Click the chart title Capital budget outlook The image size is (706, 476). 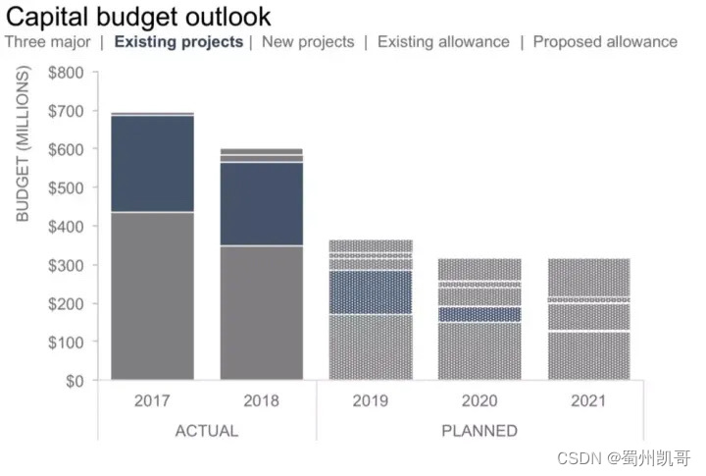click(x=138, y=17)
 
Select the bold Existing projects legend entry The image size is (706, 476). click(x=178, y=42)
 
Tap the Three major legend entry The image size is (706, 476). click(x=47, y=42)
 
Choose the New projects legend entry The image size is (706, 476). click(x=308, y=42)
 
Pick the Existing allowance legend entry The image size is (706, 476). click(x=443, y=42)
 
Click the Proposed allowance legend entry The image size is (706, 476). click(x=605, y=42)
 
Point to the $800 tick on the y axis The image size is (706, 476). click(x=68, y=73)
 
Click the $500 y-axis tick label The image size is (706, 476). click(x=68, y=187)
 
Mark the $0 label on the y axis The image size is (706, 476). click(x=75, y=381)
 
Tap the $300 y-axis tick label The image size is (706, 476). click(x=68, y=265)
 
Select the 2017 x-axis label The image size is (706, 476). click(x=152, y=400)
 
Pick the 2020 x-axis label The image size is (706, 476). click(x=479, y=400)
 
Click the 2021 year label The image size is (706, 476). click(x=588, y=400)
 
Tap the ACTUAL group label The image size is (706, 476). click(x=206, y=430)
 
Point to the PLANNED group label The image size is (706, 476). click(x=479, y=430)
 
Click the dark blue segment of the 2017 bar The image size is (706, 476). click(x=152, y=164)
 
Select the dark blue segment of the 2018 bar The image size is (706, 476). click(x=261, y=203)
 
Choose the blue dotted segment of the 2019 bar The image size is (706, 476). click(x=371, y=292)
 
